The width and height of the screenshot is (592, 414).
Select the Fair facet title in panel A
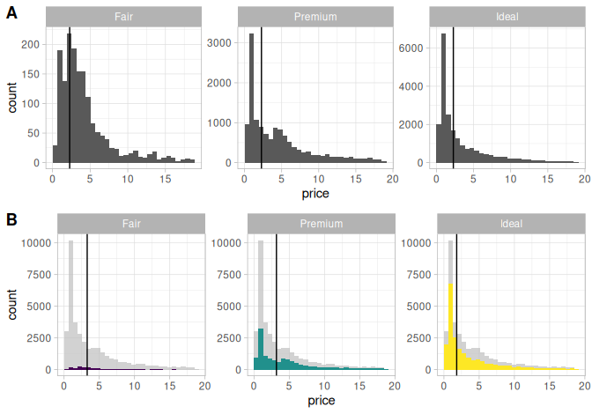[x=124, y=17]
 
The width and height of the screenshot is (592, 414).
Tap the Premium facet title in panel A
[x=315, y=17]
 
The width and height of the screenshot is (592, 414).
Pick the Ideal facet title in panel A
[x=507, y=17]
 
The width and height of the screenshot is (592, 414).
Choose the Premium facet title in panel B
[x=321, y=224]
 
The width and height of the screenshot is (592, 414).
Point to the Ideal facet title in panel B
[x=511, y=224]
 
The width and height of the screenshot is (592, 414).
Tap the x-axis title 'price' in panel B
[x=322, y=401]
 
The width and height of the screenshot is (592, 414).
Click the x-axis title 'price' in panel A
[x=315, y=192]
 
